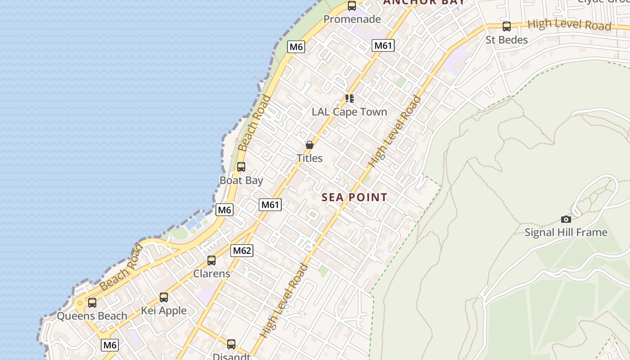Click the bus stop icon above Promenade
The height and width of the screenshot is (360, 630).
tap(352, 6)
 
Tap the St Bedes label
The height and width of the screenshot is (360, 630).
tap(506, 40)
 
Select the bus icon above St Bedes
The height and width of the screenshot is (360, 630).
tap(507, 27)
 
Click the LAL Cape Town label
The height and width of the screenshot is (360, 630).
tap(349, 112)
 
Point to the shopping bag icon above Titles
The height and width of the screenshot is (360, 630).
tap(310, 145)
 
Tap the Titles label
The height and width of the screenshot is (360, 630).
tap(310, 158)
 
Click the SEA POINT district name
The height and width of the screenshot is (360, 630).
tap(354, 197)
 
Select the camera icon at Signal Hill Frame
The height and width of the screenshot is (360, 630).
tap(566, 219)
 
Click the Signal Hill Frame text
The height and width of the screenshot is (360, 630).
tap(566, 233)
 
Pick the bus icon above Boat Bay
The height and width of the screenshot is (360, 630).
tap(241, 167)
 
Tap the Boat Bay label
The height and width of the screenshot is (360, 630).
tap(241, 180)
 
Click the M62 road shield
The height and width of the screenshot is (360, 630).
tap(242, 251)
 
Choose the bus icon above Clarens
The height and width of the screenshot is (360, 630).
tap(211, 260)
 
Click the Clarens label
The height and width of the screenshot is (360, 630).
tap(211, 274)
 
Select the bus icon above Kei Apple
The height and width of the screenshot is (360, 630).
tap(164, 297)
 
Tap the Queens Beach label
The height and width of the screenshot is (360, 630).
tap(92, 316)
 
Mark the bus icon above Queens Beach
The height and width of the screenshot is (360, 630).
tap(92, 303)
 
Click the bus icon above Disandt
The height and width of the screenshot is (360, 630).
tap(231, 344)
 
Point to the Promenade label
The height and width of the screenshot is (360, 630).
tap(352, 19)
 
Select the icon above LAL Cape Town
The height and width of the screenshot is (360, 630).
tap(350, 98)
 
